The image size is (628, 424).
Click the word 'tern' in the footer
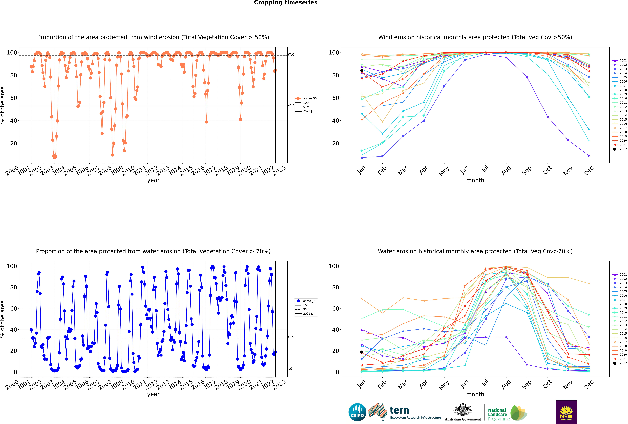click(399, 411)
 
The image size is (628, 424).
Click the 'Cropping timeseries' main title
click(286, 3)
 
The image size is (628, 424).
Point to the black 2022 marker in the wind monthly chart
click(362, 70)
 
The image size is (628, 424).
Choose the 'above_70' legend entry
click(306, 301)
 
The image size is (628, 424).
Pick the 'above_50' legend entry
click(306, 98)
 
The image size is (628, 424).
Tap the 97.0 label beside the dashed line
click(291, 55)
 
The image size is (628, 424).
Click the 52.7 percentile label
click(291, 105)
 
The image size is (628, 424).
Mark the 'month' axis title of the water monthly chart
click(475, 394)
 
